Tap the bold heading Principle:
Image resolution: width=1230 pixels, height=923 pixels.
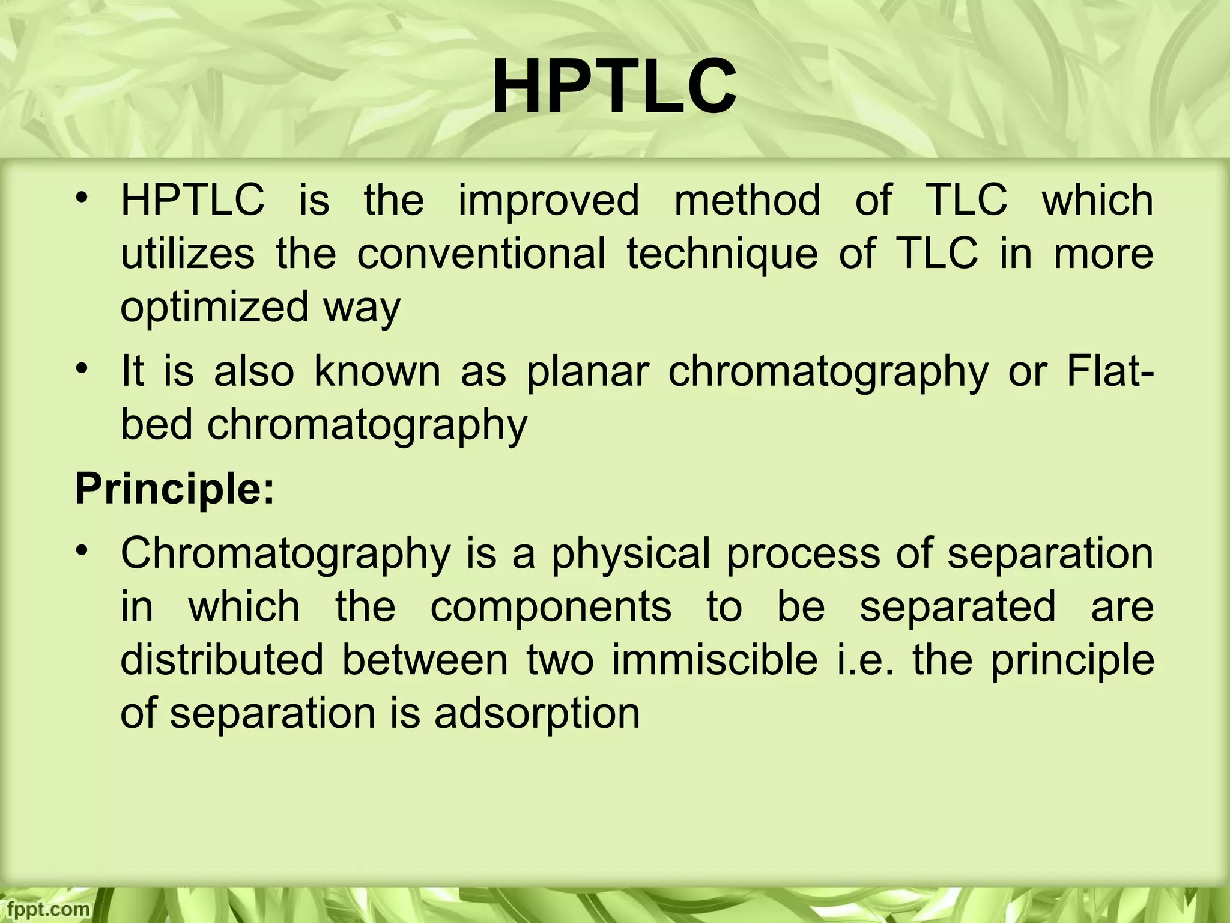[174, 489]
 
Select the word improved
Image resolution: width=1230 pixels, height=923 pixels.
[549, 200]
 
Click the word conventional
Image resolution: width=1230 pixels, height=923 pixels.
[481, 254]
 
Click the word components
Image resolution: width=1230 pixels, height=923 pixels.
[551, 606]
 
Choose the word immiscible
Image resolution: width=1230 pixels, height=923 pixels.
[715, 660]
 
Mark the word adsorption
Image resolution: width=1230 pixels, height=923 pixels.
[537, 714]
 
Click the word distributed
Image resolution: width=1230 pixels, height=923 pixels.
[222, 660]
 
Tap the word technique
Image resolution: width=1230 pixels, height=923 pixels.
[723, 254]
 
